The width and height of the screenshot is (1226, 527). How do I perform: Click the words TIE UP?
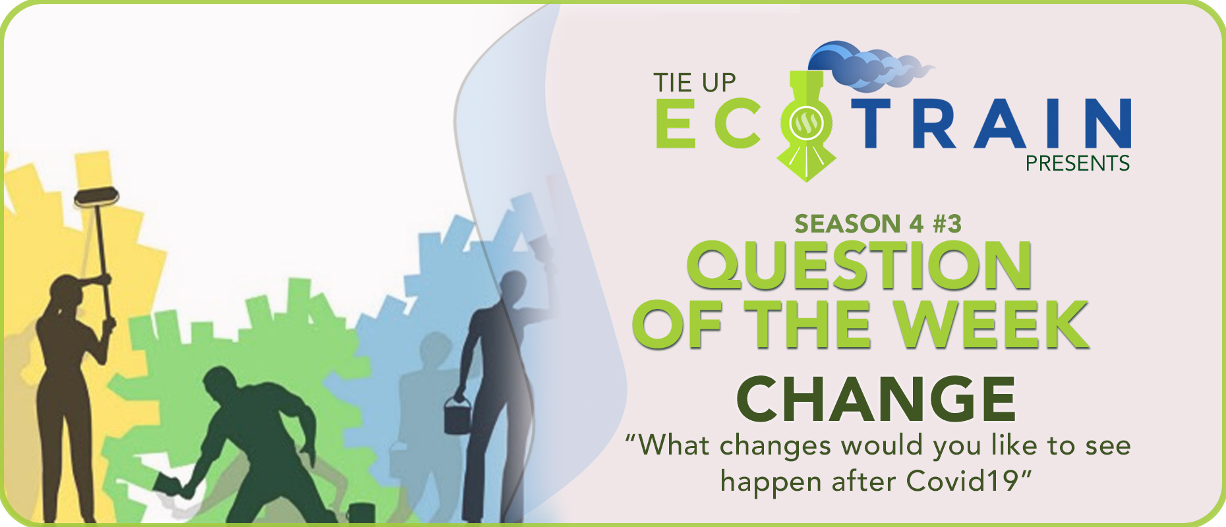(x=694, y=83)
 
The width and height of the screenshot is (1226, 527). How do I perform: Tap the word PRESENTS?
(x=1077, y=163)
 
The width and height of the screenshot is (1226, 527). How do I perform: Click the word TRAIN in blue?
(x=991, y=123)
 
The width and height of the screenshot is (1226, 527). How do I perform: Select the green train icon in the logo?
(x=806, y=125)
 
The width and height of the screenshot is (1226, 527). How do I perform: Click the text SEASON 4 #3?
(x=877, y=224)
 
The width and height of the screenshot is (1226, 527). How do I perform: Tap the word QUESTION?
(x=859, y=265)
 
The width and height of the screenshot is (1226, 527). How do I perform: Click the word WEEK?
(x=991, y=323)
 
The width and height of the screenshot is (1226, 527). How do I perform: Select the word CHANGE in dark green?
(x=876, y=399)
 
